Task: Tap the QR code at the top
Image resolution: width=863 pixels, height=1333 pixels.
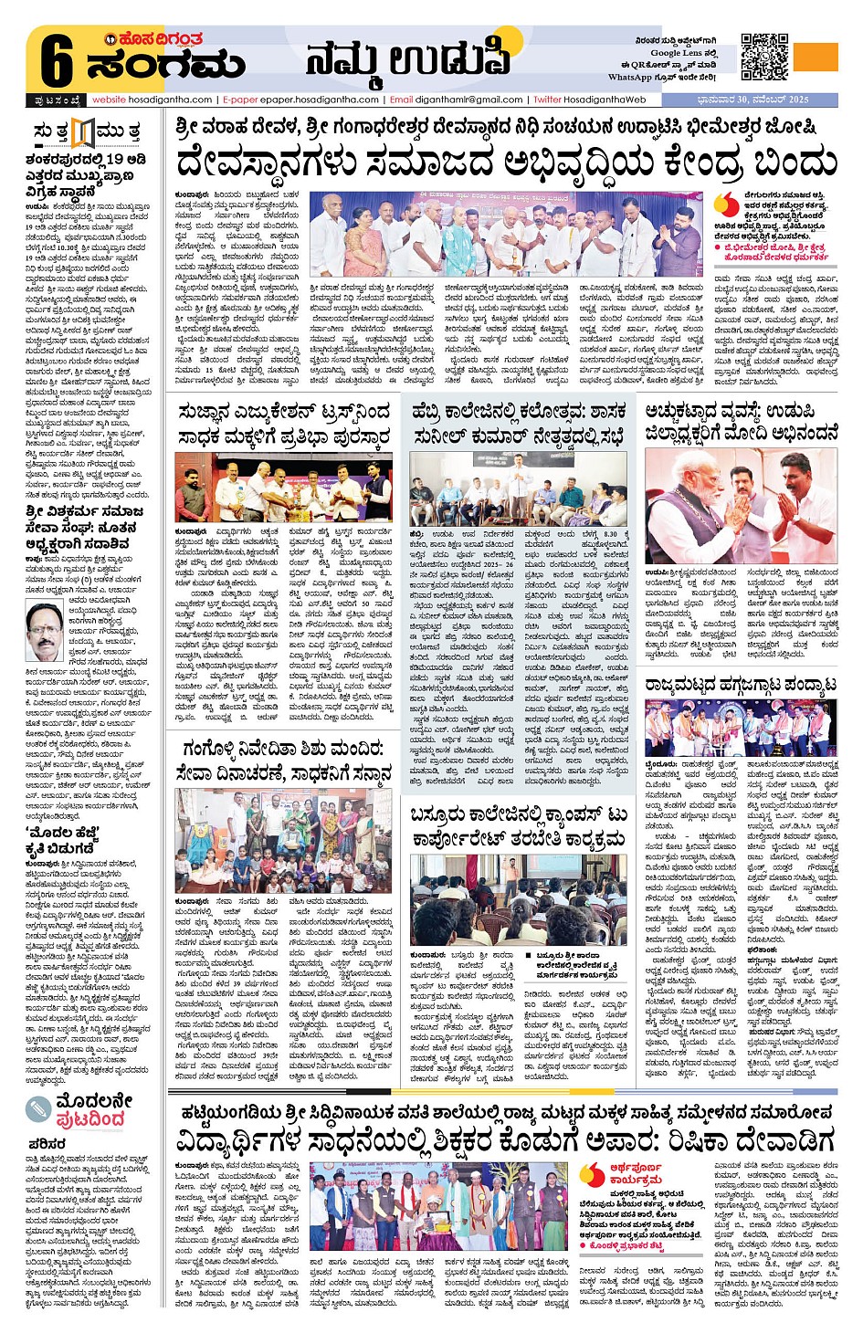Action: click(x=763, y=57)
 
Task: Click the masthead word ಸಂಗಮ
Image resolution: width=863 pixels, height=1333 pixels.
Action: click(x=166, y=66)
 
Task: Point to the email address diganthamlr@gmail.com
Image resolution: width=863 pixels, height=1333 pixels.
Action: click(x=457, y=100)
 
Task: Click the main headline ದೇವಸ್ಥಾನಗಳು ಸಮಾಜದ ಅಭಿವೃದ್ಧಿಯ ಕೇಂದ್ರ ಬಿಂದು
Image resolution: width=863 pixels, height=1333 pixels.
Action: click(x=506, y=163)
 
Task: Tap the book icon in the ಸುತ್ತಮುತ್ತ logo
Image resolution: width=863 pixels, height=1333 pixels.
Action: click(x=83, y=133)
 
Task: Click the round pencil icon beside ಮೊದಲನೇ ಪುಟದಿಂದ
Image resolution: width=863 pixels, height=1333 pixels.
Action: click(x=38, y=1108)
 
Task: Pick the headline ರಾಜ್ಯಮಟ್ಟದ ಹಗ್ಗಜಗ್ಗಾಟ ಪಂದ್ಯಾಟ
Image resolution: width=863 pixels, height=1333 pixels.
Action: click(x=741, y=686)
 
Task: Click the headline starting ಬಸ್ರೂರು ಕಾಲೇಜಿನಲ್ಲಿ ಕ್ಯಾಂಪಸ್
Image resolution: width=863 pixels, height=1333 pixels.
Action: click(x=519, y=826)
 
